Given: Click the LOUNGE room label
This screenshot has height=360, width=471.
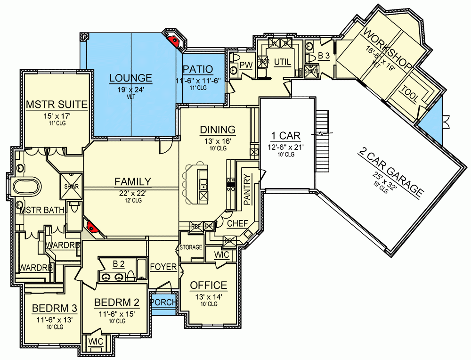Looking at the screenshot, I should pyautogui.click(x=130, y=78).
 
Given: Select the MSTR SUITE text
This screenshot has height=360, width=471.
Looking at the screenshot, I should pyautogui.click(x=57, y=104).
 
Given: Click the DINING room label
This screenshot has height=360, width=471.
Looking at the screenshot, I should pyautogui.click(x=217, y=130).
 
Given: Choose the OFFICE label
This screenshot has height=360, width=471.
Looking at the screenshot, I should pyautogui.click(x=208, y=286).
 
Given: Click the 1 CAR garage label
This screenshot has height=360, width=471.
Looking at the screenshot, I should pyautogui.click(x=285, y=136).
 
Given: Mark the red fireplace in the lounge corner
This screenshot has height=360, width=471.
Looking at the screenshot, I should pyautogui.click(x=175, y=40).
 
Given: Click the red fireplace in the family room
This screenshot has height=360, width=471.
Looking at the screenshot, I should pyautogui.click(x=93, y=228).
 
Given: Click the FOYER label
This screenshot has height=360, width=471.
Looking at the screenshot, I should pyautogui.click(x=163, y=267).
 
